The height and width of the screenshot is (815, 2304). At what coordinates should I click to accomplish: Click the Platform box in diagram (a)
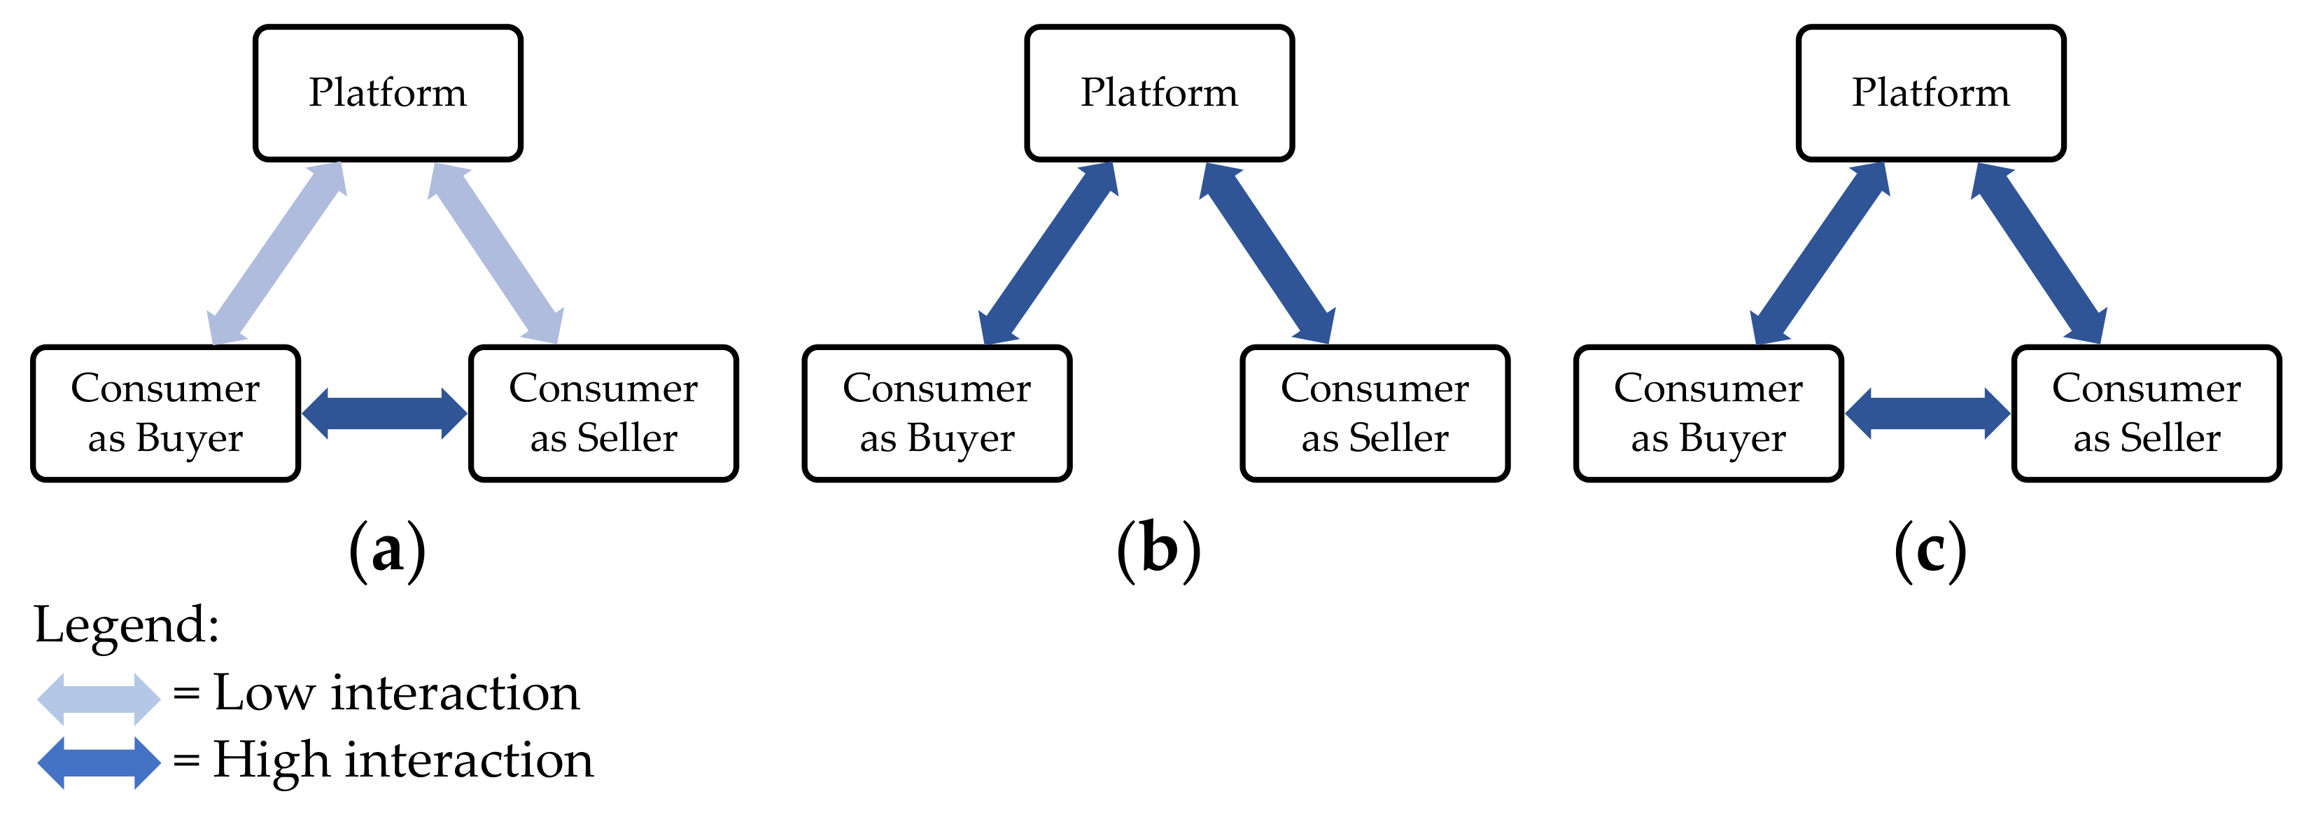pos(387,93)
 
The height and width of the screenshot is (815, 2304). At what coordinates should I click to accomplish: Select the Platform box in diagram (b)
pos(1159,93)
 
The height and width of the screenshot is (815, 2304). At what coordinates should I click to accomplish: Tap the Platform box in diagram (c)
pos(1931,93)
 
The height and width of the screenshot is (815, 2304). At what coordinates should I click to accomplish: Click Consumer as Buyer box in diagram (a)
pos(165,413)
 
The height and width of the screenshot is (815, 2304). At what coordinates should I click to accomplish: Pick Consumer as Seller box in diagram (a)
pos(604,413)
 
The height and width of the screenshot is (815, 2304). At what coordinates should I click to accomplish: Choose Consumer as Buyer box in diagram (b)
pos(937,413)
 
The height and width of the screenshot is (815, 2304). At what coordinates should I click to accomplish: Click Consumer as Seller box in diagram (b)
pos(1375,413)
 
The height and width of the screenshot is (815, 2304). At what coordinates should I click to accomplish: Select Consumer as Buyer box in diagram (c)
pos(1708,413)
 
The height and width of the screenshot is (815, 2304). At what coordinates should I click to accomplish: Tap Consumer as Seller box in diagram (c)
pos(2147,413)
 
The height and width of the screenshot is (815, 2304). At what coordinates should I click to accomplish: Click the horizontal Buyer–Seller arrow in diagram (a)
pos(385,413)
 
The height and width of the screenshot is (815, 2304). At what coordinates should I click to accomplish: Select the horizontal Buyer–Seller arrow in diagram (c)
pos(1927,413)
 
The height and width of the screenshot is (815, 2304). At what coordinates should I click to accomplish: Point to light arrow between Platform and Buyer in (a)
pos(276,253)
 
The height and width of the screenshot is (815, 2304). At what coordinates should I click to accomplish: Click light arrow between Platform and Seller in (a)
pos(496,253)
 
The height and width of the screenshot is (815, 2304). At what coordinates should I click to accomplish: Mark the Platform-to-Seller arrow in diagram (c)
pos(2039,253)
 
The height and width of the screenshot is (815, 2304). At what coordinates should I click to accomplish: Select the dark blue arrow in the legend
pos(99,762)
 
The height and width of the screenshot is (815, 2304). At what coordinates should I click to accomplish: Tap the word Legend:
pos(126,625)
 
